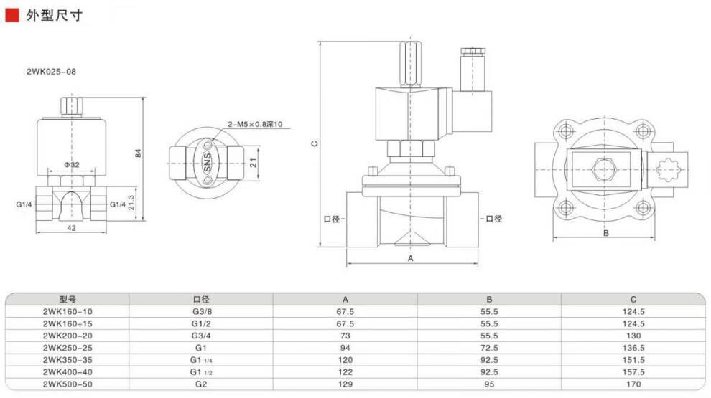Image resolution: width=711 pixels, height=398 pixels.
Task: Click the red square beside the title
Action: [11, 15]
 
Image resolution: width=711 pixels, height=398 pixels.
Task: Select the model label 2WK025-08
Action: [51, 72]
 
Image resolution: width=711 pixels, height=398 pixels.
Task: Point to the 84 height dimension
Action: [139, 153]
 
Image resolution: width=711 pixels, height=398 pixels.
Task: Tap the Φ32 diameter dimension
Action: [72, 165]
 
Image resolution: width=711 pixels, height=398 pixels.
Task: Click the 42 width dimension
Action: [71, 228]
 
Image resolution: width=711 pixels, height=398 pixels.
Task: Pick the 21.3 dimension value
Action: [131, 202]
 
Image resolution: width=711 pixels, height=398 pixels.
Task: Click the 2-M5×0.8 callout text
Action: [255, 124]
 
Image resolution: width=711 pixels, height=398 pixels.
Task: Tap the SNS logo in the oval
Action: [207, 162]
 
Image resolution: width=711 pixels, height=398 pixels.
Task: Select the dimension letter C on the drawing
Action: [315, 143]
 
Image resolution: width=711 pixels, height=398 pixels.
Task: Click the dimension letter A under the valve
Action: [411, 258]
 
